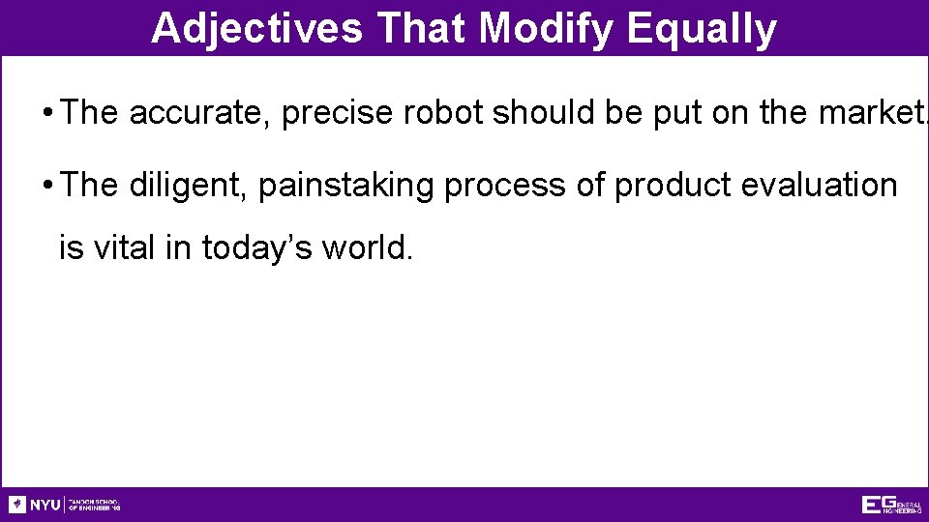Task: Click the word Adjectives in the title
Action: pos(256,29)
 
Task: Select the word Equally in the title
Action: pos(702,29)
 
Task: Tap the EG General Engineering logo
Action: pos(891,505)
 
